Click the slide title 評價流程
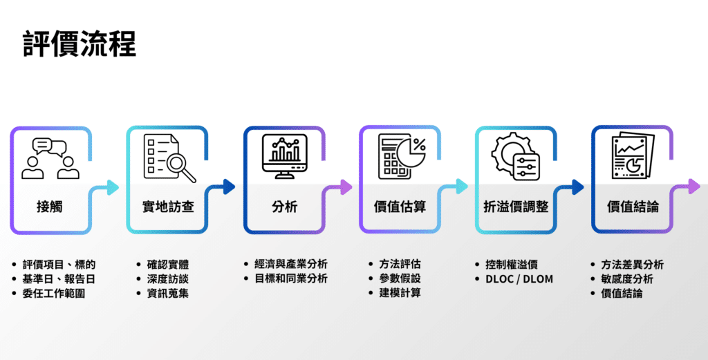tap(80, 43)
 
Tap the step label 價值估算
tap(400, 207)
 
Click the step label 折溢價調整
tap(516, 207)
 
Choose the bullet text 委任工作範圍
tap(59, 294)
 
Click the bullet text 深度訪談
tap(168, 279)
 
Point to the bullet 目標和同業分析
tap(291, 278)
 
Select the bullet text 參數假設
tap(400, 278)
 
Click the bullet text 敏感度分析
tap(627, 279)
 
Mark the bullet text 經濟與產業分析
tap(291, 264)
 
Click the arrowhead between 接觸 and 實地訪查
tap(111, 187)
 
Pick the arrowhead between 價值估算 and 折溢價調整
tap(460, 187)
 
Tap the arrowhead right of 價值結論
tap(693, 187)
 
